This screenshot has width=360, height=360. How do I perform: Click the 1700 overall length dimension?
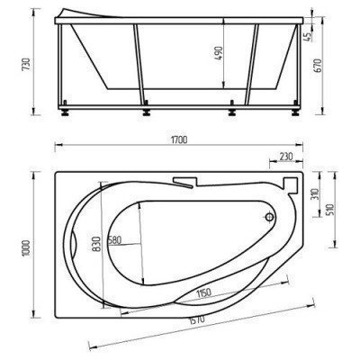pyautogui.click(x=180, y=139)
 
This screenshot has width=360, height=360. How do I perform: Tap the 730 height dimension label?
pyautogui.click(x=26, y=64)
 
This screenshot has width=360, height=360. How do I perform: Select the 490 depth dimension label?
pyautogui.click(x=219, y=53)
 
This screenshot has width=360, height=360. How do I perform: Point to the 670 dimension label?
pyautogui.click(x=318, y=66)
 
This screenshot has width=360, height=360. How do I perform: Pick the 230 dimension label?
pyautogui.click(x=286, y=156)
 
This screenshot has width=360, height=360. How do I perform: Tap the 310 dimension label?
pyautogui.click(x=314, y=195)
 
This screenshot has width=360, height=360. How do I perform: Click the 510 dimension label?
pyautogui.click(x=330, y=210)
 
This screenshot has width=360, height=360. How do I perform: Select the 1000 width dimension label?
pyautogui.click(x=27, y=247)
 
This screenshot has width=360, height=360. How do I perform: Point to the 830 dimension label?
pyautogui.click(x=96, y=244)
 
